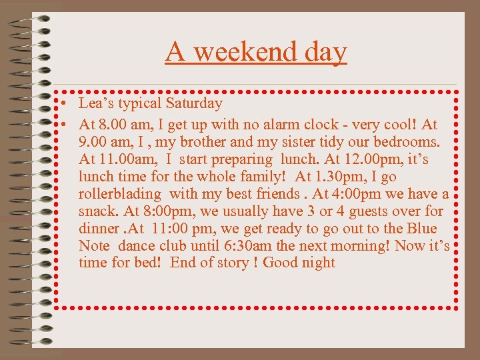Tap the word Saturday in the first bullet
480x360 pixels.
pyautogui.click(x=194, y=103)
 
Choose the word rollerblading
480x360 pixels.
pyautogui.click(x=120, y=194)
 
